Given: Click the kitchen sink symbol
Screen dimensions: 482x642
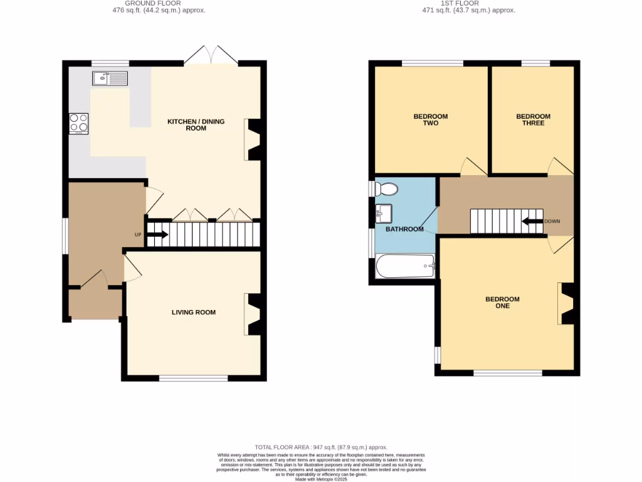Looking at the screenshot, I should click(110, 78).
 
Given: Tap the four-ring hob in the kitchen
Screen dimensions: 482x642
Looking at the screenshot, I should click(78, 123).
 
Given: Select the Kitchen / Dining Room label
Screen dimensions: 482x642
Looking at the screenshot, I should click(196, 124).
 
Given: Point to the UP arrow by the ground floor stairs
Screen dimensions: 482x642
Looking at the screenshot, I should click(157, 235).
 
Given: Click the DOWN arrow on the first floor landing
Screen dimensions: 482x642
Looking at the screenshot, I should click(532, 221).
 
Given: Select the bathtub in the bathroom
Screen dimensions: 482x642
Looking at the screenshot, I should click(404, 266).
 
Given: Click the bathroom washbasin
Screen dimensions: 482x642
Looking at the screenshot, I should click(384, 213).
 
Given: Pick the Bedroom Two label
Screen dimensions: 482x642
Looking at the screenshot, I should click(431, 119).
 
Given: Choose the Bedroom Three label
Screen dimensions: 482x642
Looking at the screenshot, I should click(533, 119).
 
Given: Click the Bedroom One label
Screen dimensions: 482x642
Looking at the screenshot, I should click(502, 303).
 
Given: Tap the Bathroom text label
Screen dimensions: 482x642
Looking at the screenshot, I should click(404, 229).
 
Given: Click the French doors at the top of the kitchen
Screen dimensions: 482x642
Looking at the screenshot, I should click(211, 55).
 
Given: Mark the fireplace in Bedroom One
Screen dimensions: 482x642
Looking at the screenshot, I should click(566, 304).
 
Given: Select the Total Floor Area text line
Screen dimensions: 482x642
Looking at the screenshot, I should click(321, 447).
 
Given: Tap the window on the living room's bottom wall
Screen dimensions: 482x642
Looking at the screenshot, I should click(193, 378).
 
